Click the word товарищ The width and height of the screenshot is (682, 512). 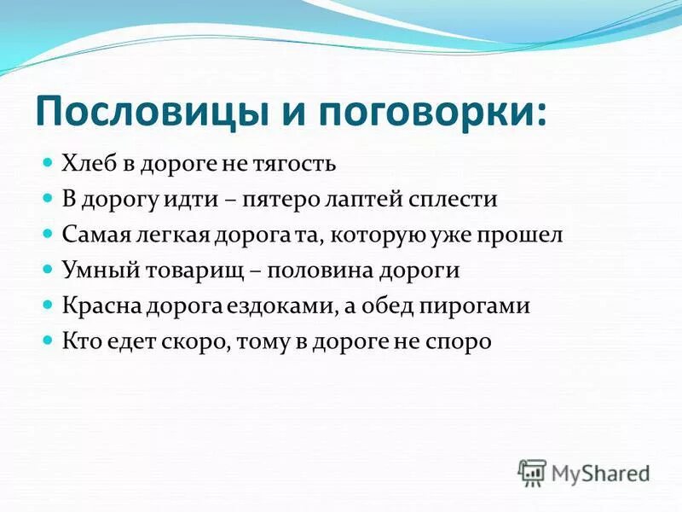click(192, 271)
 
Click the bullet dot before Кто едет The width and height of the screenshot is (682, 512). click(49, 340)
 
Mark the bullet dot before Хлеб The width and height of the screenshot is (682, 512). click(49, 160)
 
